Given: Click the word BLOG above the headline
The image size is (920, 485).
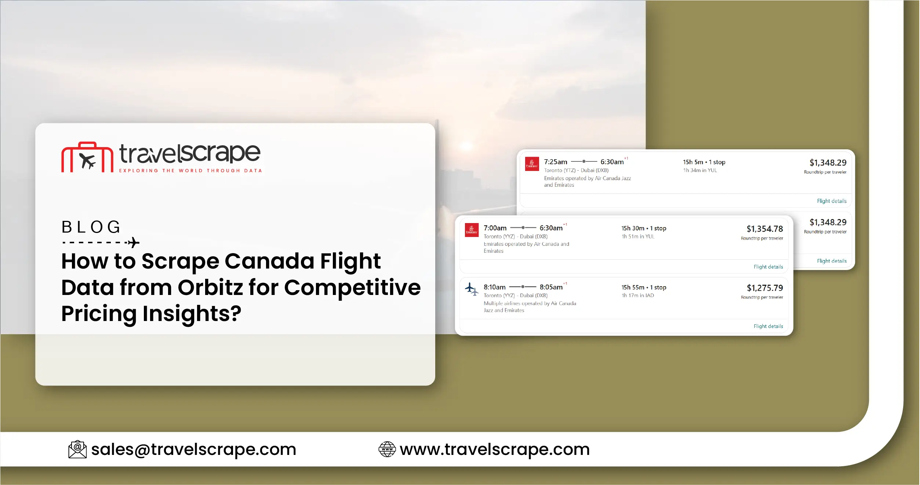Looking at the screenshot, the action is [x=91, y=227].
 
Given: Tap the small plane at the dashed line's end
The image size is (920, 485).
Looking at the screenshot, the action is [x=133, y=242].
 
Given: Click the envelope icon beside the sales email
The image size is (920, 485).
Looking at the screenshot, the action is [x=77, y=449].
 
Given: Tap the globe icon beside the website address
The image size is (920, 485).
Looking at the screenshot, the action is [x=387, y=449].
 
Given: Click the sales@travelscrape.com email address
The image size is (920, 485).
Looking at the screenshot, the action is [x=193, y=449].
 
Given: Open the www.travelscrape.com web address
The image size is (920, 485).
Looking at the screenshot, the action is [x=495, y=449].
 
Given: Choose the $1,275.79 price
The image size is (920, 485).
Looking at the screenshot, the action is [x=765, y=288].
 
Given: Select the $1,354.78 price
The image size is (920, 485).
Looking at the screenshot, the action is [x=765, y=229].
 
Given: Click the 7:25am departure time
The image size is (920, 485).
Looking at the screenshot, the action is [x=556, y=162].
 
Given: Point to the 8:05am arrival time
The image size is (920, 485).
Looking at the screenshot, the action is [x=551, y=287].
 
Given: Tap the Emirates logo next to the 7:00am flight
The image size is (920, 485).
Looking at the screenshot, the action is [x=472, y=230].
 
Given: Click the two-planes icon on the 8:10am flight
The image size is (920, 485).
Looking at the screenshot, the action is [x=472, y=289].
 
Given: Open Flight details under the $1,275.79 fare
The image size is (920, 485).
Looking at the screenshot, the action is [x=768, y=326].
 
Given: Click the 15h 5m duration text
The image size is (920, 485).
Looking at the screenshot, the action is [x=693, y=162].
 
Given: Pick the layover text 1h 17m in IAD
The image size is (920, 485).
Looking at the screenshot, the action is [x=638, y=295].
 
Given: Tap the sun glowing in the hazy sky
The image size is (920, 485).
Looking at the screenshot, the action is [x=466, y=147].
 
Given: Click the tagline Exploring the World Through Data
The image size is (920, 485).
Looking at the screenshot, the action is [x=190, y=171].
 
